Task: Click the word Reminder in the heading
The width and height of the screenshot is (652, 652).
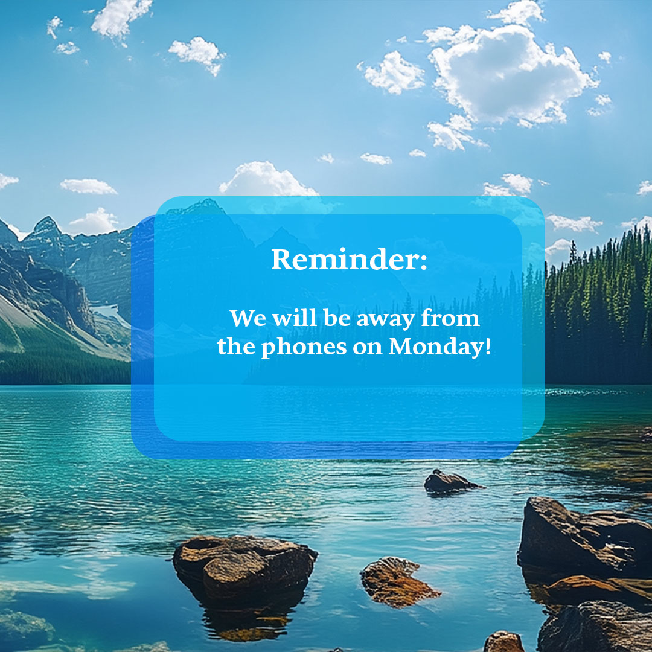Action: [x=344, y=259]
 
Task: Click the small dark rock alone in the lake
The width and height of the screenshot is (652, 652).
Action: [x=450, y=481]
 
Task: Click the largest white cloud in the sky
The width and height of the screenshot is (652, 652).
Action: [x=507, y=75]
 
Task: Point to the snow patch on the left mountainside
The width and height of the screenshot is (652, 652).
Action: [x=109, y=312]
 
